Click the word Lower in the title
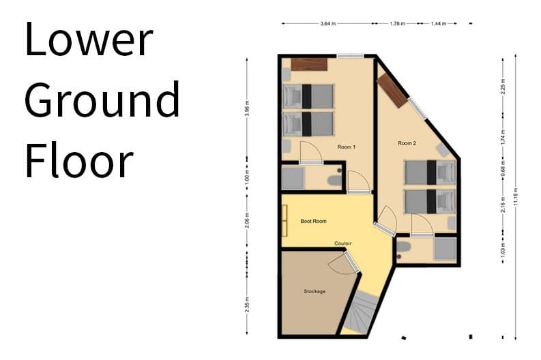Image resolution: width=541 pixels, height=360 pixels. click(88, 39)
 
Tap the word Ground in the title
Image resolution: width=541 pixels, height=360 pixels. click(102, 100)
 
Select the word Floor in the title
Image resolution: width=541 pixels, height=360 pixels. click(78, 162)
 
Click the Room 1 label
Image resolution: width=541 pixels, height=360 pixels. click(346, 147)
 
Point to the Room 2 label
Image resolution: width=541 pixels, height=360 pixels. click(407, 143)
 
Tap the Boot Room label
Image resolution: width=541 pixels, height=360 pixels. click(314, 221)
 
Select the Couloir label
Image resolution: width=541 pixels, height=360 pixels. click(343, 243)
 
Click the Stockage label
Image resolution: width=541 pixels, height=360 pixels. click(315, 291)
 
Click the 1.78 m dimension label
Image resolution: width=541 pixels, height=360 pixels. click(398, 23)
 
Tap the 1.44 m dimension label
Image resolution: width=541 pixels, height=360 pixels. click(437, 23)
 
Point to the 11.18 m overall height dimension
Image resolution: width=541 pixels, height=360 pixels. click(516, 198)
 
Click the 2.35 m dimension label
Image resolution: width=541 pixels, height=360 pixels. click(247, 303)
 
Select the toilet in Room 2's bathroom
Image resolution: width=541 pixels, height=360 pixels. click(404, 247)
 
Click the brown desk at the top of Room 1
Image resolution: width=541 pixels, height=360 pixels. click(308, 64)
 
